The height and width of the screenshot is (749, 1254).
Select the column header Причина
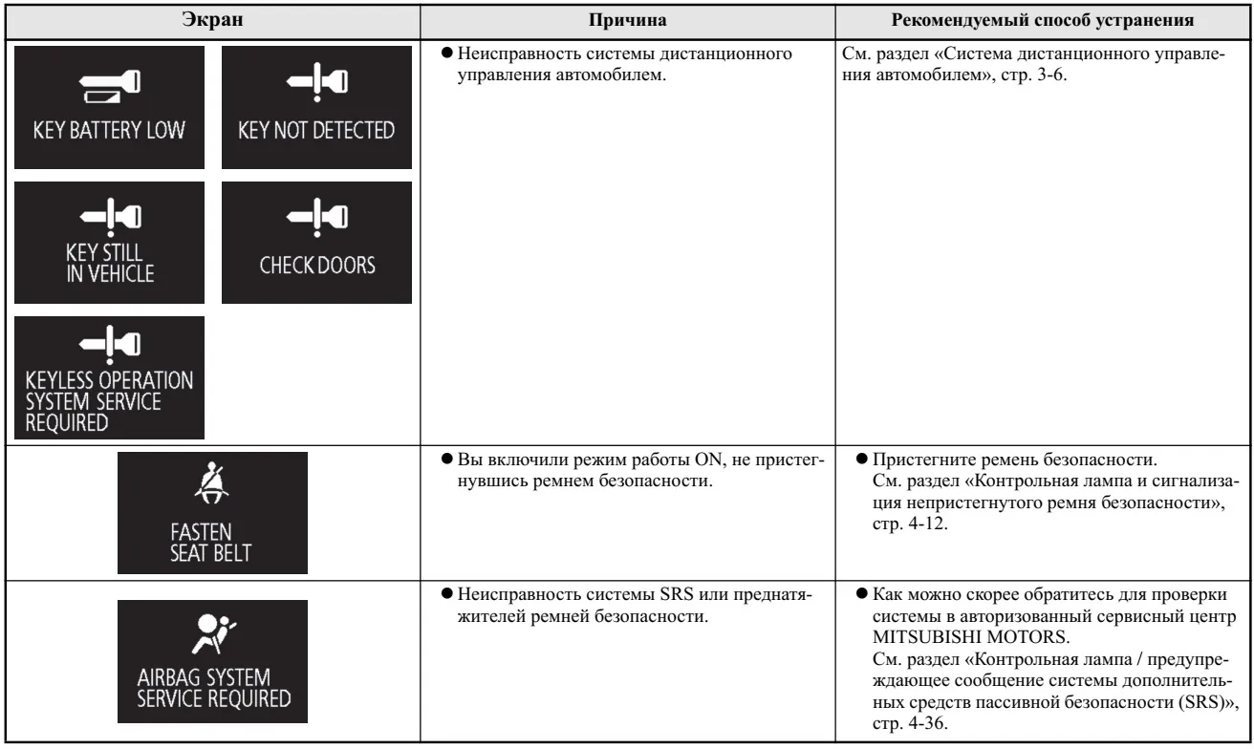point(628,18)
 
